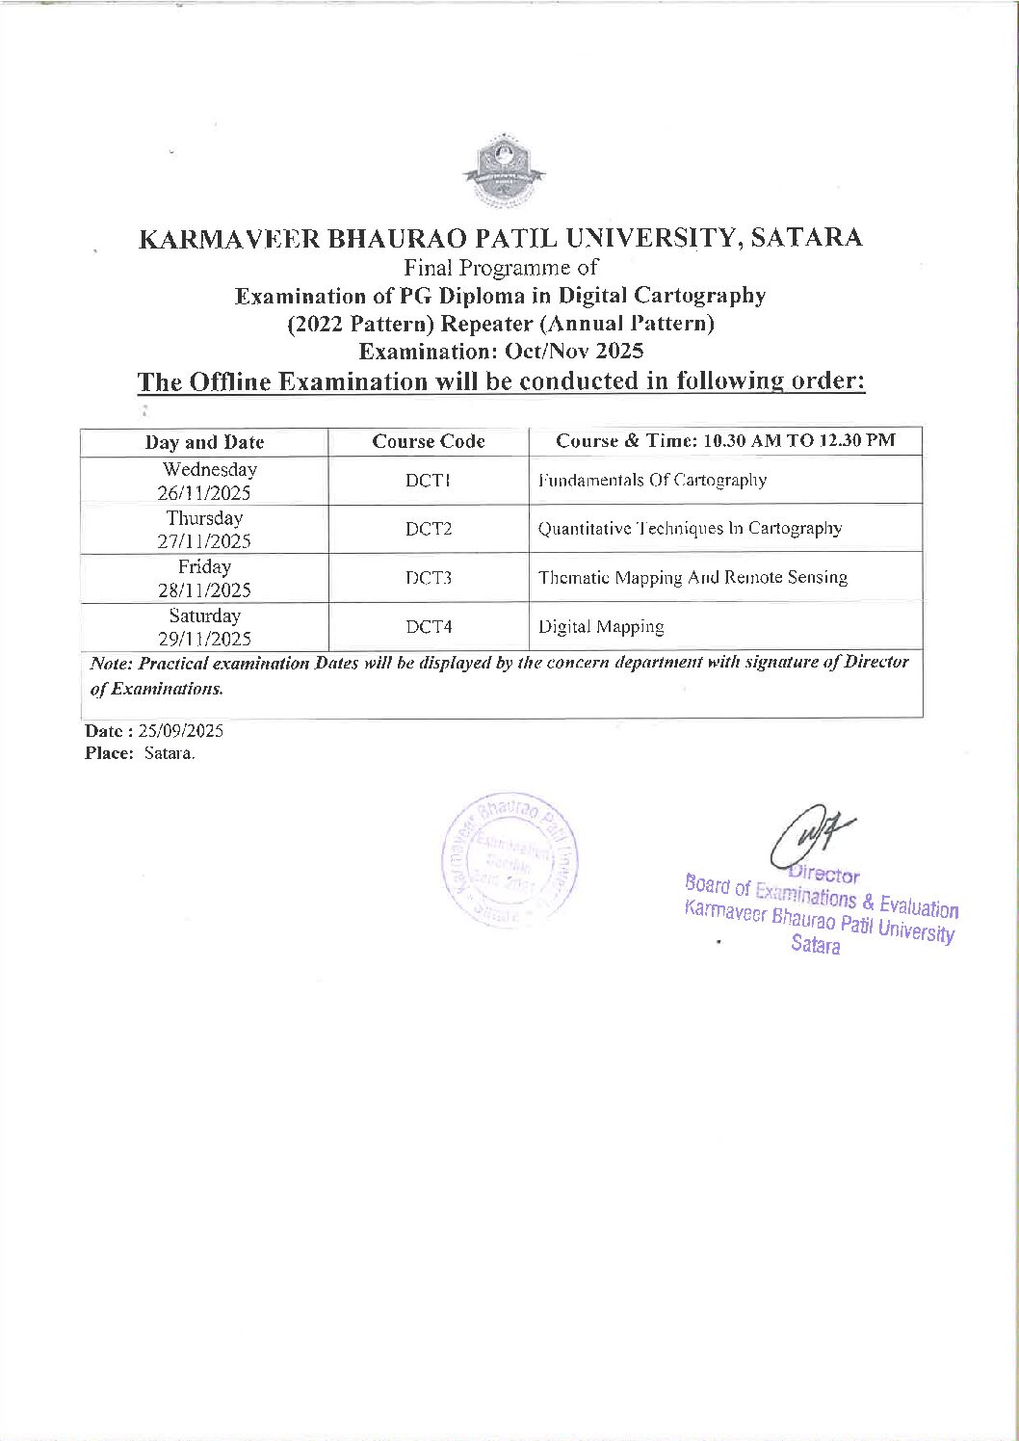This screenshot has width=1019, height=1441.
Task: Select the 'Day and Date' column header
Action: click(x=204, y=442)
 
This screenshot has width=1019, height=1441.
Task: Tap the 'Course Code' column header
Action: click(x=429, y=442)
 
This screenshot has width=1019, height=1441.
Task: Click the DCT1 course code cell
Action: click(x=429, y=481)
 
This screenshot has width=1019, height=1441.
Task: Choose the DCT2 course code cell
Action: click(x=429, y=529)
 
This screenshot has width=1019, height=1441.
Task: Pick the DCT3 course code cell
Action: click(x=429, y=578)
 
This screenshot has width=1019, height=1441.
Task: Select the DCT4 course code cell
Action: click(x=429, y=627)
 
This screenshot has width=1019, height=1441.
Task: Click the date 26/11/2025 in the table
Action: click(x=204, y=493)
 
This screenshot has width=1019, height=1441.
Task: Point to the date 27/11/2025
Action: click(x=204, y=541)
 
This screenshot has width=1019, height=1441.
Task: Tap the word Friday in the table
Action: click(x=204, y=566)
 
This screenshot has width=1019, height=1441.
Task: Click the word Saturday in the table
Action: click(x=204, y=616)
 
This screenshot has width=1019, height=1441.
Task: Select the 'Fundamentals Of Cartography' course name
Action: click(x=652, y=480)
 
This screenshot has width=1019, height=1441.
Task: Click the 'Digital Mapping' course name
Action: click(x=601, y=627)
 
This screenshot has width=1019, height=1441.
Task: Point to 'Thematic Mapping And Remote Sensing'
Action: click(x=692, y=578)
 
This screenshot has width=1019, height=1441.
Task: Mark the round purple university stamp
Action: click(x=509, y=860)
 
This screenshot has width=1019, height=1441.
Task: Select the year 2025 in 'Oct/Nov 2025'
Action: click(x=619, y=351)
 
